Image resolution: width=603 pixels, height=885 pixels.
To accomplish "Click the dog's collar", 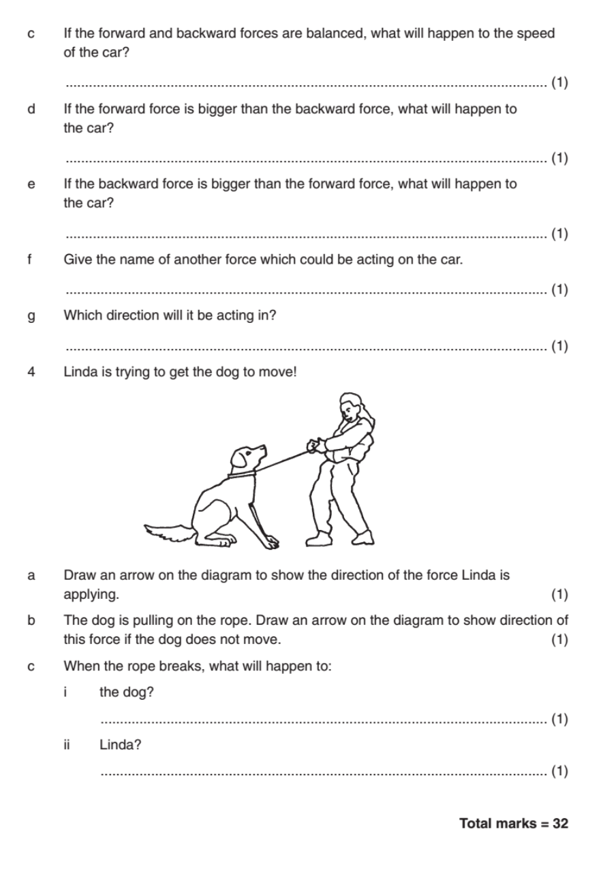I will point(242,474).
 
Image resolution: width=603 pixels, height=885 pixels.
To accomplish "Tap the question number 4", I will point(31,373).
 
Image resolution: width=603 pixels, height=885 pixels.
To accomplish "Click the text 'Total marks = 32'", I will point(514,823).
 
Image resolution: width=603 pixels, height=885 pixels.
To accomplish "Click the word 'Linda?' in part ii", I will point(120,745).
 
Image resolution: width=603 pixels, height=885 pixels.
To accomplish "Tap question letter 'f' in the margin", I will point(31,260).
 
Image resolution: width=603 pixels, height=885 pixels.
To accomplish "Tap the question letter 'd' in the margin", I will point(31,109).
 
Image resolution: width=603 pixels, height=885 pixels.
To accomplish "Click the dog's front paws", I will point(270,542).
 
